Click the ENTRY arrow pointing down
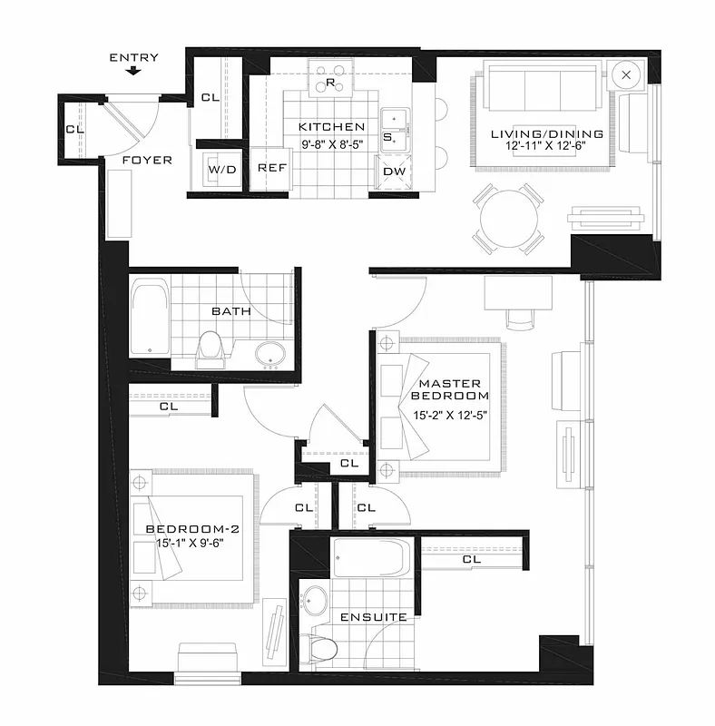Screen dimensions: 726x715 134,71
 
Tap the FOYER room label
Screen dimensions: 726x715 147,161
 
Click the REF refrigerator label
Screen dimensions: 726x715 272,168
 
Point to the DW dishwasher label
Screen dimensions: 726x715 395,171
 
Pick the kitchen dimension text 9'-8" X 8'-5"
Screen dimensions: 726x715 331,142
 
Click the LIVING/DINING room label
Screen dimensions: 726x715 547,134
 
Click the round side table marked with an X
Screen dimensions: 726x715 626,74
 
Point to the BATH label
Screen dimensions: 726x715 230,311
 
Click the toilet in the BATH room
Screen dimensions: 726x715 211,348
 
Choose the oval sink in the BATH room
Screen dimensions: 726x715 269,354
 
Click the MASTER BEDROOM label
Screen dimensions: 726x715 449,389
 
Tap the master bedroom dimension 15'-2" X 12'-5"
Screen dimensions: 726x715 449,416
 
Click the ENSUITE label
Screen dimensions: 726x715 373,617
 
